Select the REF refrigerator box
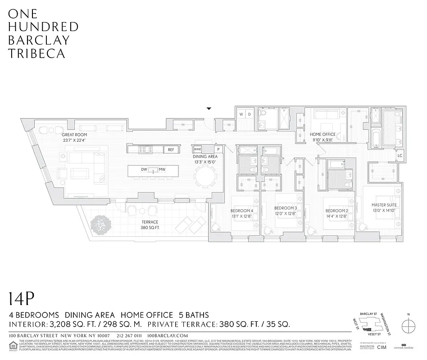click(171, 150)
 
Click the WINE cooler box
click(197, 149)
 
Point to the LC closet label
click(399, 156)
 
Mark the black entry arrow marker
click(209, 108)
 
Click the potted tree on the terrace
click(101, 225)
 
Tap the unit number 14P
click(21, 299)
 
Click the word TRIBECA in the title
click(36, 54)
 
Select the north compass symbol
click(409, 325)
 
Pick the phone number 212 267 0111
click(129, 336)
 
